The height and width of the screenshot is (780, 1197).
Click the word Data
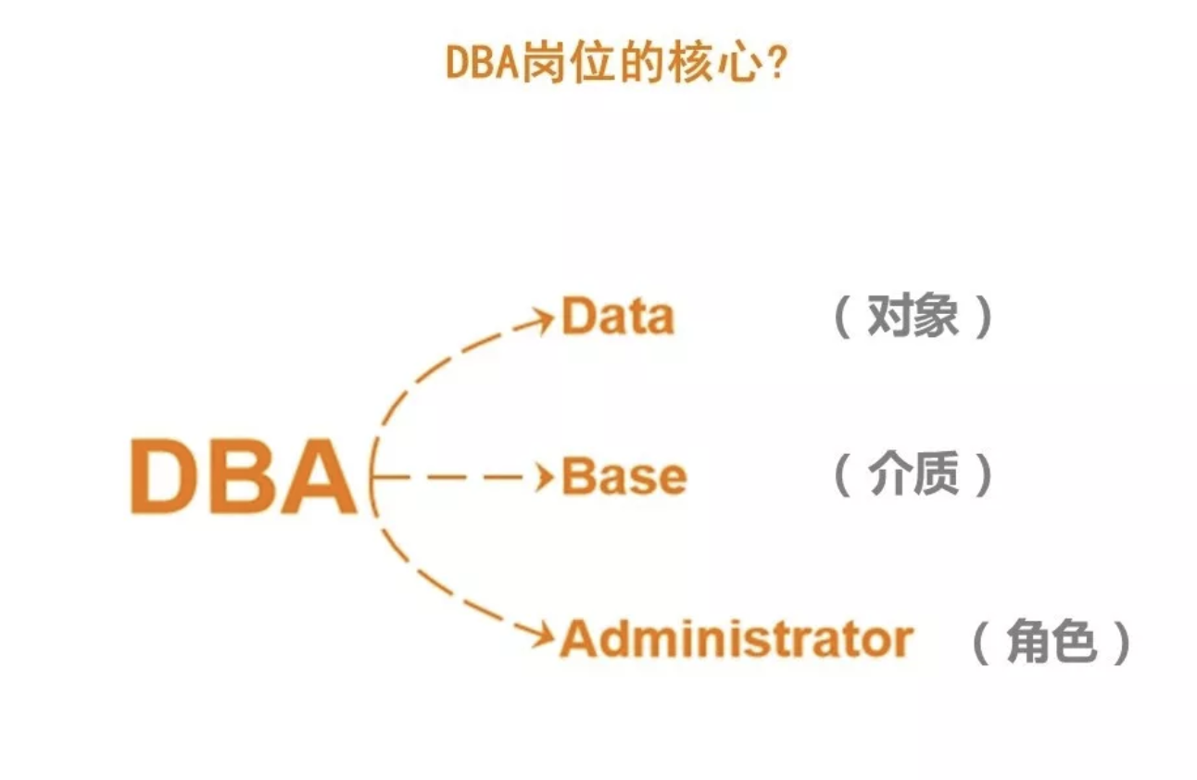618,318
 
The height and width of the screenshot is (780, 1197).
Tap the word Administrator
737,639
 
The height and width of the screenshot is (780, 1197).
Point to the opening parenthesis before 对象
842,319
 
